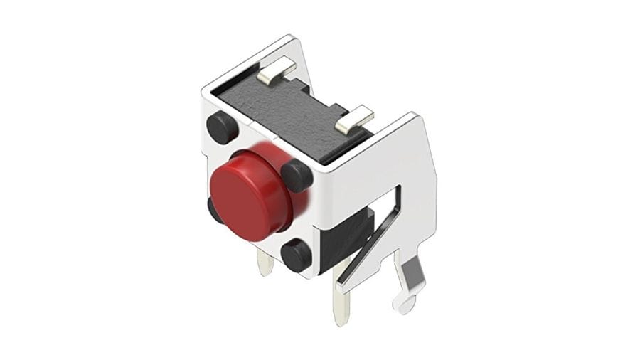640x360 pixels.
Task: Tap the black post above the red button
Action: click(x=223, y=128)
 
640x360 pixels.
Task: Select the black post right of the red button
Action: click(x=297, y=175)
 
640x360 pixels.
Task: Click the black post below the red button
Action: click(x=297, y=254)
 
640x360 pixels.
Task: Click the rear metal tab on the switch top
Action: click(x=275, y=70)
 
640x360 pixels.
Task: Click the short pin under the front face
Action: click(x=265, y=265)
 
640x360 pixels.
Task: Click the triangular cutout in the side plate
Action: click(x=390, y=213)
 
